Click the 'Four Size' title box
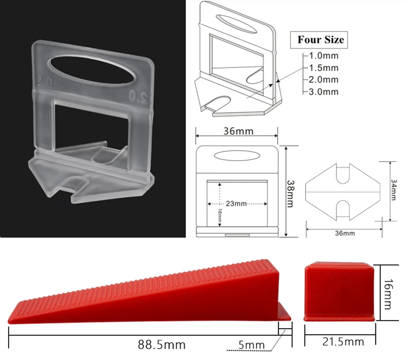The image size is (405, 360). [319, 40]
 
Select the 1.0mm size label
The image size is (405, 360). [323, 56]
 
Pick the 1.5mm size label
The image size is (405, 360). [323, 67]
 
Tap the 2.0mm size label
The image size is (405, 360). [323, 79]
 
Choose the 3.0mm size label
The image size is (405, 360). [323, 92]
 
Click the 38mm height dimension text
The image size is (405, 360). [291, 194]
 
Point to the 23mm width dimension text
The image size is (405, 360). [236, 203]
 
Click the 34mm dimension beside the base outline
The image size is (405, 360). [393, 190]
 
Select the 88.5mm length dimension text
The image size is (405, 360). [161, 344]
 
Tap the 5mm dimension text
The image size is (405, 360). [251, 345]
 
